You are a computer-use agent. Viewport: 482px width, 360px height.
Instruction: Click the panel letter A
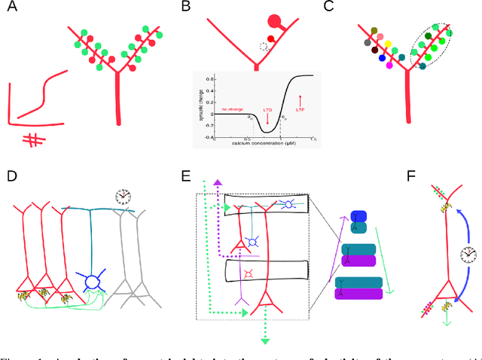click(13, 9)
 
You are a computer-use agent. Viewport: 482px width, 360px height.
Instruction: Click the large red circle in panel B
click(273, 22)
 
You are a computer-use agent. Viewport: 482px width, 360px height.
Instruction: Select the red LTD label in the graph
click(267, 111)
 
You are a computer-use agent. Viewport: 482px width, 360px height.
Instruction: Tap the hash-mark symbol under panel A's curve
click(32, 140)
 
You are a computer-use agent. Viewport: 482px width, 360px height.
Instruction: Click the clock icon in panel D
click(123, 197)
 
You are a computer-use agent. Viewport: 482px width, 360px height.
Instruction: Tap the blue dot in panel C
click(383, 58)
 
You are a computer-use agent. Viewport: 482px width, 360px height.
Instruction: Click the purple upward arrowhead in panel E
click(215, 183)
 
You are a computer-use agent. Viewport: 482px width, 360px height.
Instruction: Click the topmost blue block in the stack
click(358, 216)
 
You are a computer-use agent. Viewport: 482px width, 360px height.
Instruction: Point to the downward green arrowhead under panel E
click(264, 341)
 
